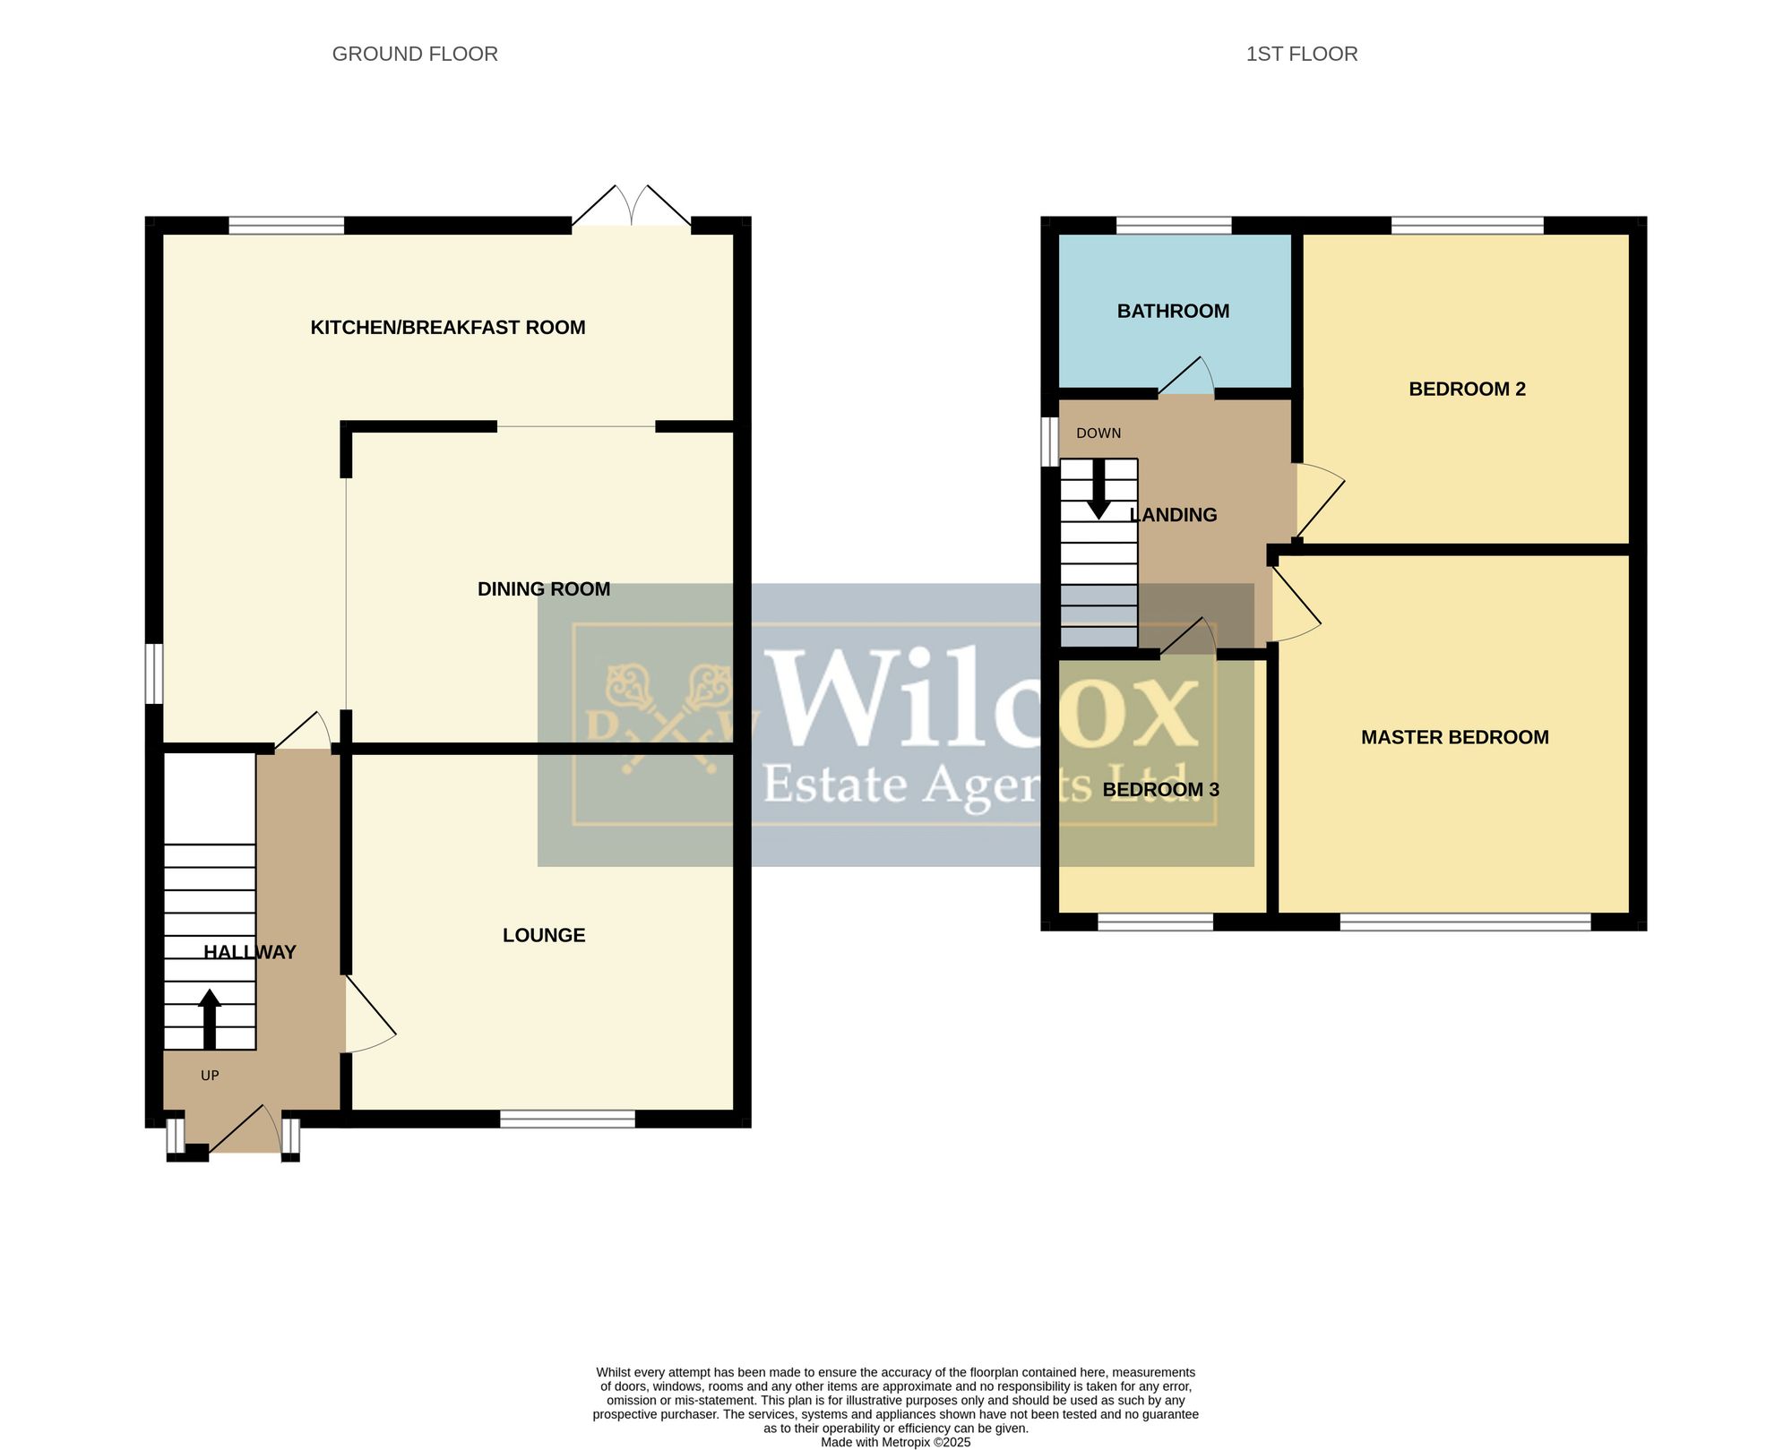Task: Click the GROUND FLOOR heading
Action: coord(415,54)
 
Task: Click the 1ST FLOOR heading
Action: coord(1302,54)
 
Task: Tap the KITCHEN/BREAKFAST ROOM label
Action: coord(448,328)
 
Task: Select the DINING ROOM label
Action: coord(544,589)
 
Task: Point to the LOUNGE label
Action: coord(544,935)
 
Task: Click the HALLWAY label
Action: coord(250,952)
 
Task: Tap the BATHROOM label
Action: coord(1173,311)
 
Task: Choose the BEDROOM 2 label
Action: coord(1467,389)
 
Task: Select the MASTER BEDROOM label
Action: coord(1455,737)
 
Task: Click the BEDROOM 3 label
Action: coord(1160,789)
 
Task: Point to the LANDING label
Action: coord(1173,515)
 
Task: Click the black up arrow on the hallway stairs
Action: coord(210,1019)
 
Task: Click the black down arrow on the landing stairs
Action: coord(1098,489)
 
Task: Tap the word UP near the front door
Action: coord(210,1076)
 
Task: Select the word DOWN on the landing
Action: coord(1098,433)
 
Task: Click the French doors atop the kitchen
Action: coord(632,206)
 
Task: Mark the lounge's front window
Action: coord(567,1119)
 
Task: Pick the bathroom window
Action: coord(1174,225)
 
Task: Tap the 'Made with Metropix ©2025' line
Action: coord(895,1442)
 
